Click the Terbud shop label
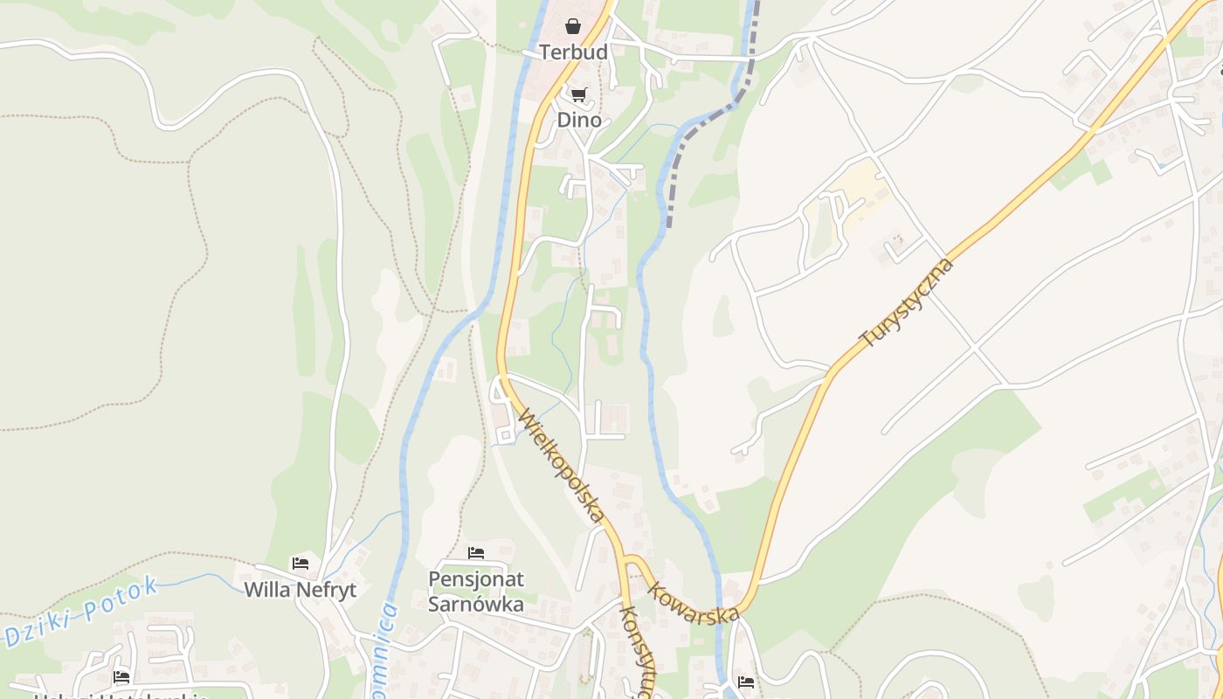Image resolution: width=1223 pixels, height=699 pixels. pos(573,52)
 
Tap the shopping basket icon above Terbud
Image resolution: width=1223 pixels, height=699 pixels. pos(573,26)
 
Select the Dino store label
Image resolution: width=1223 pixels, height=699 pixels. pos(579,120)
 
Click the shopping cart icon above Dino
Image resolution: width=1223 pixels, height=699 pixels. pos(578,94)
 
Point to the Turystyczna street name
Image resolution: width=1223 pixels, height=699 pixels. pos(907,303)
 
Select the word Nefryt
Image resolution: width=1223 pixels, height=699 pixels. pos(327,590)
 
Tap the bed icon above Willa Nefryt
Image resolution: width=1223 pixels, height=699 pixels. pos(301,564)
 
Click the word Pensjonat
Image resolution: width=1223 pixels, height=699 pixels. pos(476,578)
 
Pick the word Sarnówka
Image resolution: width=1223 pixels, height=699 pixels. pos(476,604)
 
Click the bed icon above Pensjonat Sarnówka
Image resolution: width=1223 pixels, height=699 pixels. pos(476,552)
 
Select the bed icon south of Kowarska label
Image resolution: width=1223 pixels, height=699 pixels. pos(745,682)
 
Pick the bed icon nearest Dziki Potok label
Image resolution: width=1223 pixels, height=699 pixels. pos(121,676)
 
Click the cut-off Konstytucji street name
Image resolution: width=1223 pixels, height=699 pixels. pos(633,651)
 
